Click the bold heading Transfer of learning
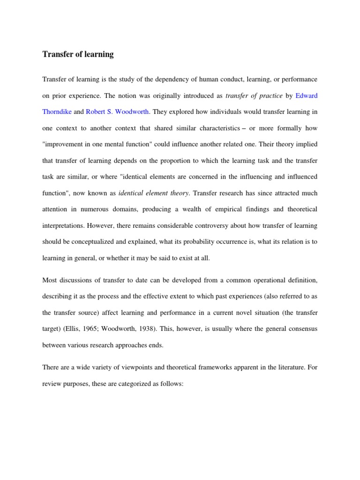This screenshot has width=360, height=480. pyautogui.click(x=78, y=54)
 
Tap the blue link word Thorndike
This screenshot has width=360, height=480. pyautogui.click(x=58, y=112)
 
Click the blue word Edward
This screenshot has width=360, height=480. pyautogui.click(x=307, y=96)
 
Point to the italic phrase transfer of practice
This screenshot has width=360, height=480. pyautogui.click(x=254, y=96)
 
